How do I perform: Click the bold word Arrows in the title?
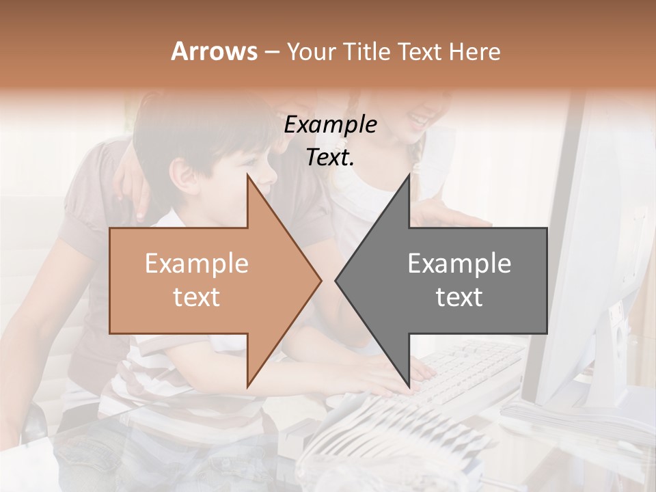(214, 51)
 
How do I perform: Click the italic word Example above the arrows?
(330, 125)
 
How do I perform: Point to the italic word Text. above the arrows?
(330, 158)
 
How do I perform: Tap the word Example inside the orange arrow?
(196, 264)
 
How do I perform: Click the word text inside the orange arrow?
(196, 297)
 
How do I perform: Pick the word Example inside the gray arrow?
(459, 264)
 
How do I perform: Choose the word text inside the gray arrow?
(459, 297)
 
